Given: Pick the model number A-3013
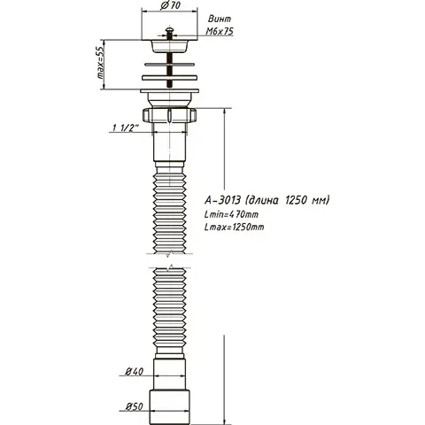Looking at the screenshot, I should click(226, 201).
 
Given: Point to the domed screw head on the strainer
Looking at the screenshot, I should click(168, 38).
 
